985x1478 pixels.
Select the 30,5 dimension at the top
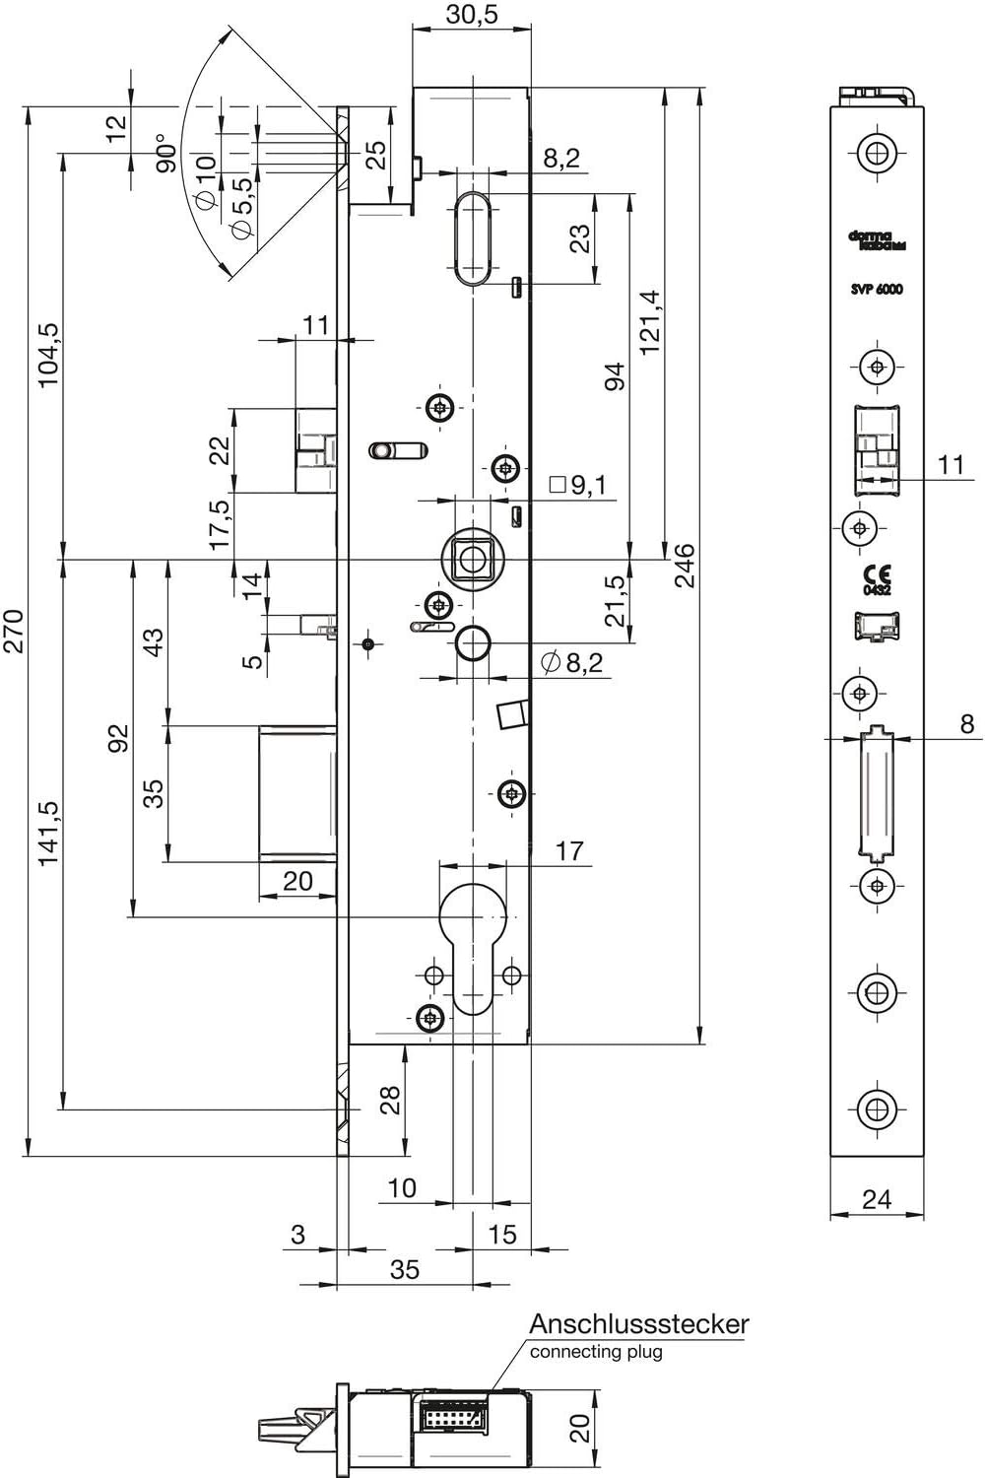(472, 15)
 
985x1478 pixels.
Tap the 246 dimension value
(685, 566)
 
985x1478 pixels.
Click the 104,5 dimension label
(48, 355)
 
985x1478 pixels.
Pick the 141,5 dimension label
(48, 833)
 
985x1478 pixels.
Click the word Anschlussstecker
(638, 1323)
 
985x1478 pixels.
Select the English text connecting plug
(596, 1352)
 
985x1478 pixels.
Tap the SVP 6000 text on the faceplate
(877, 289)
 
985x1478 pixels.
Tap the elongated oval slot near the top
(474, 236)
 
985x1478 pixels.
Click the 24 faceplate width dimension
(876, 1198)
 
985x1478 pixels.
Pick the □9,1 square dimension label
(578, 485)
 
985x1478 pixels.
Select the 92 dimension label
(118, 739)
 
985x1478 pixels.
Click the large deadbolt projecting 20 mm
(296, 794)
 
